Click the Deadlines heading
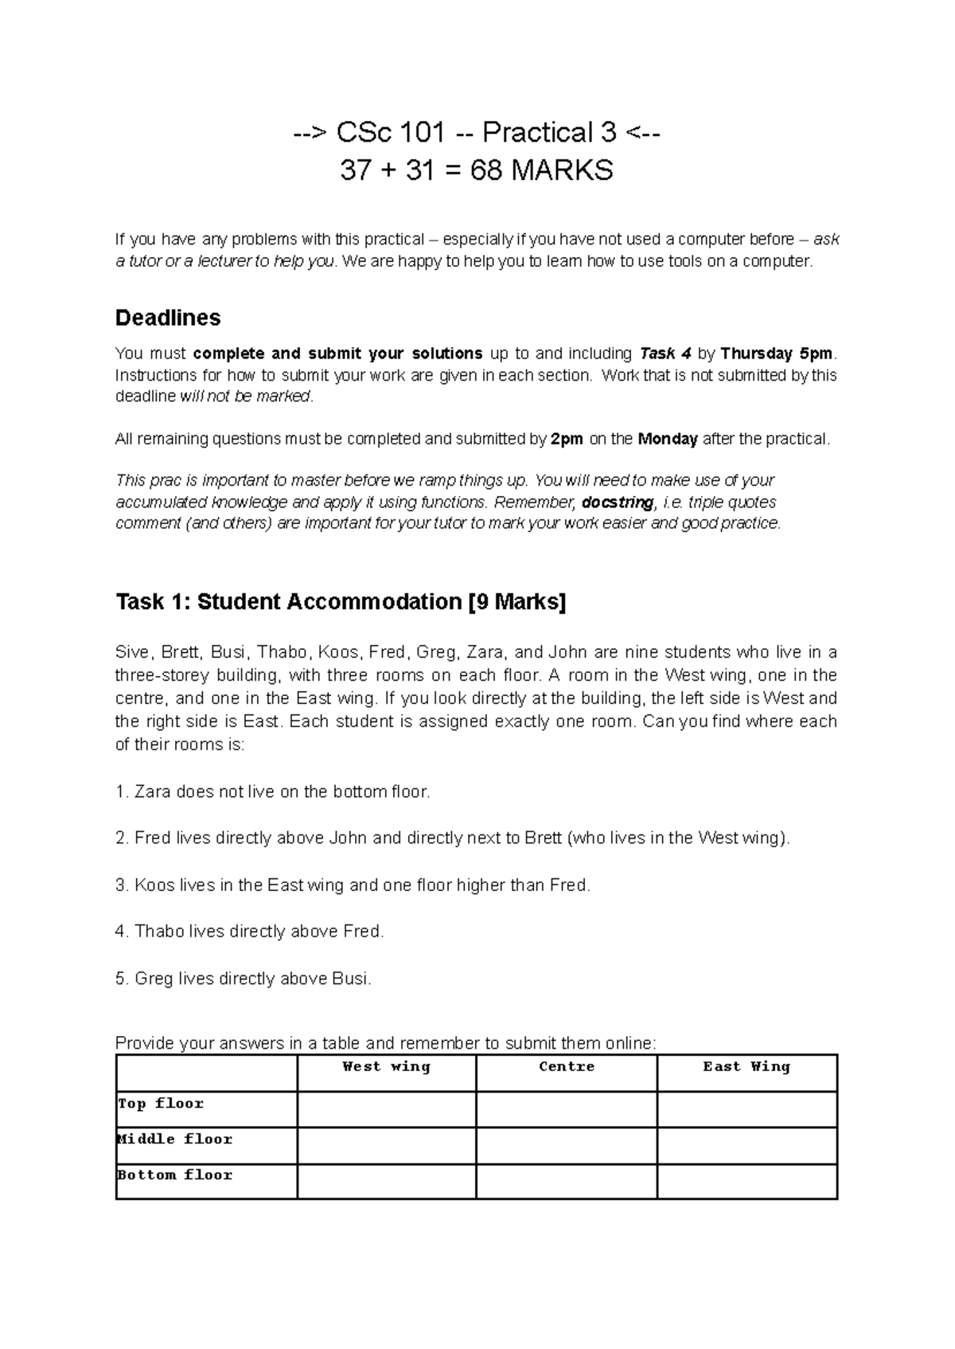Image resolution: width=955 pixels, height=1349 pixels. coord(168,318)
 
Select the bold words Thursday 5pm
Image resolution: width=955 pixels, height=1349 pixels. coord(778,354)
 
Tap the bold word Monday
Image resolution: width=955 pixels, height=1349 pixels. coord(668,439)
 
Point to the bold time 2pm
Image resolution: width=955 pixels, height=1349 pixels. coord(567,439)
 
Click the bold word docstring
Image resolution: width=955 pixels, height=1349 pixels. coord(618,502)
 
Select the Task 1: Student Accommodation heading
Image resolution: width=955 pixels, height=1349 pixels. coord(341,602)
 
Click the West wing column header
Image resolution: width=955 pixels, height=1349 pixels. coord(386,1067)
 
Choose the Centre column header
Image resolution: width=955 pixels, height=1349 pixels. coord(567,1067)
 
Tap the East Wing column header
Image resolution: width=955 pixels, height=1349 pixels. coord(746,1067)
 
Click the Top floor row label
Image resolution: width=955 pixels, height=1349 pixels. coord(161,1104)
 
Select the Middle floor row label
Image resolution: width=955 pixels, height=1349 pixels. coord(175,1140)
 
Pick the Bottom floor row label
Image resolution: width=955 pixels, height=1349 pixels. coord(175,1175)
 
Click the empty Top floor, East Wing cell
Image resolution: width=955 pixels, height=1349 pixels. coord(747,1109)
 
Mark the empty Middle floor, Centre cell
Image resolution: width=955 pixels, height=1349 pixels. coord(567,1145)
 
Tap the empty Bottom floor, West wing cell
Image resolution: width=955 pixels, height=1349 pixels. coord(386,1181)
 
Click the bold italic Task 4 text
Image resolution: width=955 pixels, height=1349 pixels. coord(665,354)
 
